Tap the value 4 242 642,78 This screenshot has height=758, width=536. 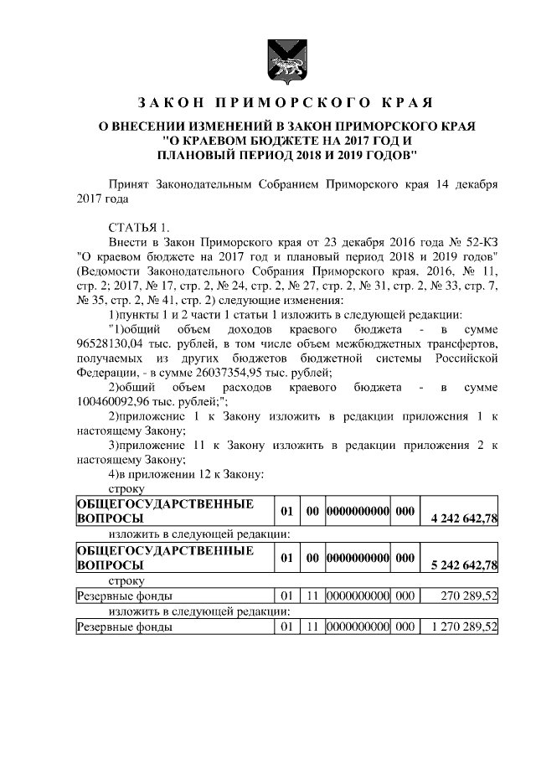tap(463, 519)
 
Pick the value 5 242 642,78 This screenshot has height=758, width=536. tap(463, 565)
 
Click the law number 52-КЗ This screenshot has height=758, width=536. tap(478, 240)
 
